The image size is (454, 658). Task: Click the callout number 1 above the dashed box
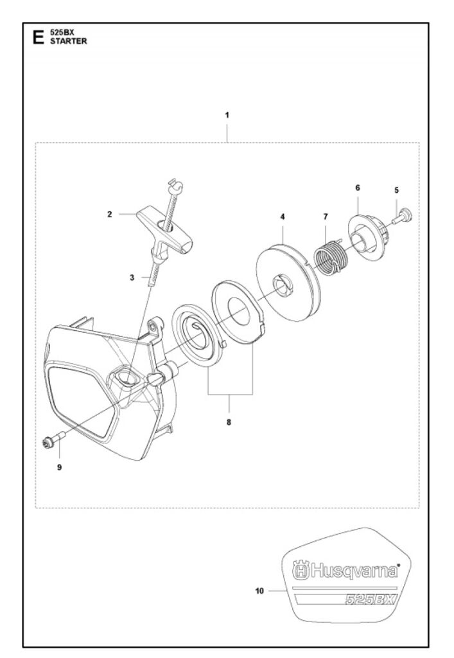[x=227, y=115]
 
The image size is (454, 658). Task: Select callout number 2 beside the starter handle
[x=110, y=214]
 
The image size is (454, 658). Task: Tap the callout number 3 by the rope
[x=132, y=278]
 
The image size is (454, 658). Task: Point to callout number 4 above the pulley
[x=283, y=217]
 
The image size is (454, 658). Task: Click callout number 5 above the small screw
[x=397, y=190]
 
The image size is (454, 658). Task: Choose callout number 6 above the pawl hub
[x=358, y=188]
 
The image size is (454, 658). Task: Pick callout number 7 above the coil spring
[x=326, y=217]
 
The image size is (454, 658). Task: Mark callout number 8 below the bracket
[x=229, y=422]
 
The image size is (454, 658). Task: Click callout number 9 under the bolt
[x=60, y=467]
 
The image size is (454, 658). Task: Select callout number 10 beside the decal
[x=260, y=591]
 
